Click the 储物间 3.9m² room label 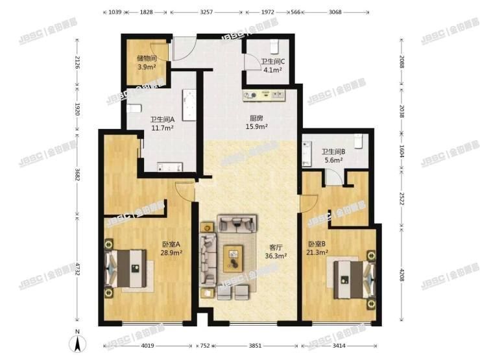pos(146,62)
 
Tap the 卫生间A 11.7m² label pos(163,123)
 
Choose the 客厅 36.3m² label pos(276,251)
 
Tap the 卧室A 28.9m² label pos(171,248)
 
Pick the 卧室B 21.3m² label pos(319,248)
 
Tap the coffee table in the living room pos(232,259)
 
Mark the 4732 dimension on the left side pos(77,269)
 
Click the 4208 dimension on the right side pos(402,269)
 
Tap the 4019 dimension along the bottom pos(148,344)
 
